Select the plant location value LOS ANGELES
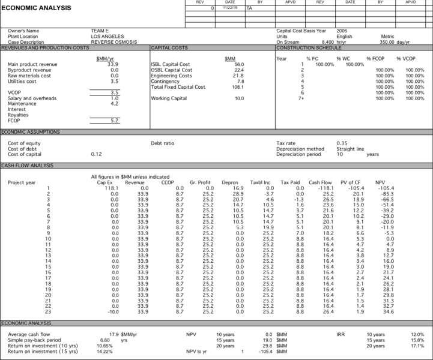106,37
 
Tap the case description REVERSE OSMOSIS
114,42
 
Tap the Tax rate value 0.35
342,143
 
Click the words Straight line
351,149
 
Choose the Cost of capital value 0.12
96,154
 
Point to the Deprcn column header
231,182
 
